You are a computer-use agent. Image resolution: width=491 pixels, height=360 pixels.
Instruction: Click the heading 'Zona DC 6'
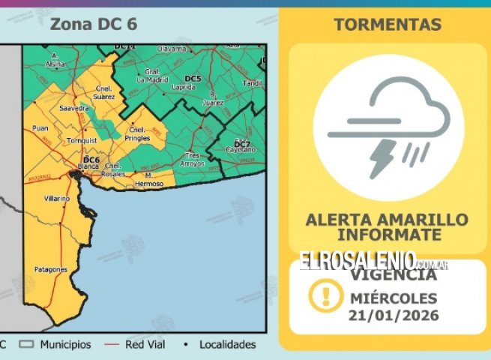[x=93, y=24]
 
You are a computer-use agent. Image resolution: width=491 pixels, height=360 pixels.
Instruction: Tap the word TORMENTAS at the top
[x=387, y=25]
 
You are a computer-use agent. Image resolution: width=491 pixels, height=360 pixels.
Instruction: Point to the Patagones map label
[x=50, y=269]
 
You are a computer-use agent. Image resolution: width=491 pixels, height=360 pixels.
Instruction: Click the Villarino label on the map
[x=56, y=198]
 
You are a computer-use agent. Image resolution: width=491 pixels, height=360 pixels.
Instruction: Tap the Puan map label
[x=40, y=128]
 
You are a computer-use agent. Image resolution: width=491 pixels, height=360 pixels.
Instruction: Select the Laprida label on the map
[x=183, y=86]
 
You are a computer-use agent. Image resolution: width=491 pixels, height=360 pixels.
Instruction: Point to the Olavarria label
[x=171, y=49]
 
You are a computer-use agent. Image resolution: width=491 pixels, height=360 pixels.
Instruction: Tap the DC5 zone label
[x=193, y=78]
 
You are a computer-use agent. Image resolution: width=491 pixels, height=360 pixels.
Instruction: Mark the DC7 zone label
[x=241, y=142]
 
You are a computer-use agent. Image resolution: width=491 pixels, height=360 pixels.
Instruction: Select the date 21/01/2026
[x=394, y=315]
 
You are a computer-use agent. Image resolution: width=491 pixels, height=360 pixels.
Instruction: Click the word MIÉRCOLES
[x=394, y=298]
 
